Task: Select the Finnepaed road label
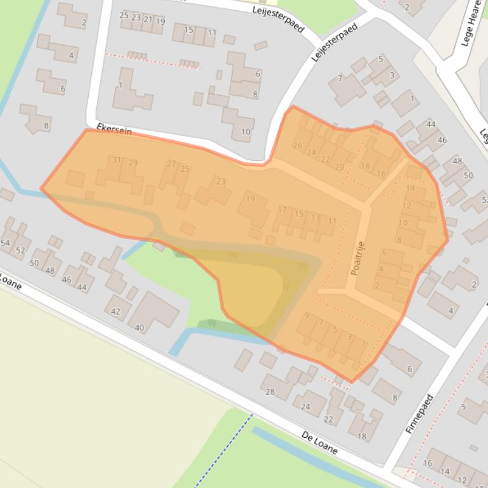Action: (420, 414)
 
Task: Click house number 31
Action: (117, 160)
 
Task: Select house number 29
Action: (133, 163)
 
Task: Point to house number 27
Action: (171, 164)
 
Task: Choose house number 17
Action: (282, 210)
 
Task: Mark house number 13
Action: (315, 218)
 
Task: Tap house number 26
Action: (297, 146)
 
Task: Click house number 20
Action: (339, 167)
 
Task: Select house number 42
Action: (115, 311)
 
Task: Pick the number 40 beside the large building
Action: (139, 328)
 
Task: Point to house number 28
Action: (270, 392)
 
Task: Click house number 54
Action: (5, 243)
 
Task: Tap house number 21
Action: (148, 20)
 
